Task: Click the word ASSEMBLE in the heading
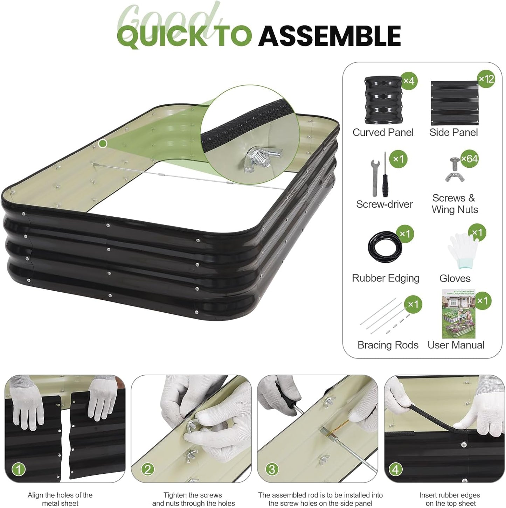pyautogui.click(x=329, y=36)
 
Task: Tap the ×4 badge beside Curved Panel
pyautogui.click(x=409, y=81)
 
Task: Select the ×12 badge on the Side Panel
pyautogui.click(x=486, y=79)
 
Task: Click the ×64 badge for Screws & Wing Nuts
pyautogui.click(x=469, y=159)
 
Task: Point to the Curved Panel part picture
pyautogui.click(x=383, y=100)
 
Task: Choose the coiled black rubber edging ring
pyautogui.click(x=385, y=248)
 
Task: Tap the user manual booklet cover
pyautogui.click(x=458, y=314)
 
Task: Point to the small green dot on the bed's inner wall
pyautogui.click(x=103, y=144)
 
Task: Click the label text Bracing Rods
pyautogui.click(x=388, y=345)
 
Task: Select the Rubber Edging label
pyautogui.click(x=386, y=278)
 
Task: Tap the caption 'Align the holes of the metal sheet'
pyautogui.click(x=60, y=499)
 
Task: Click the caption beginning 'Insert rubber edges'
pyautogui.click(x=450, y=499)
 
